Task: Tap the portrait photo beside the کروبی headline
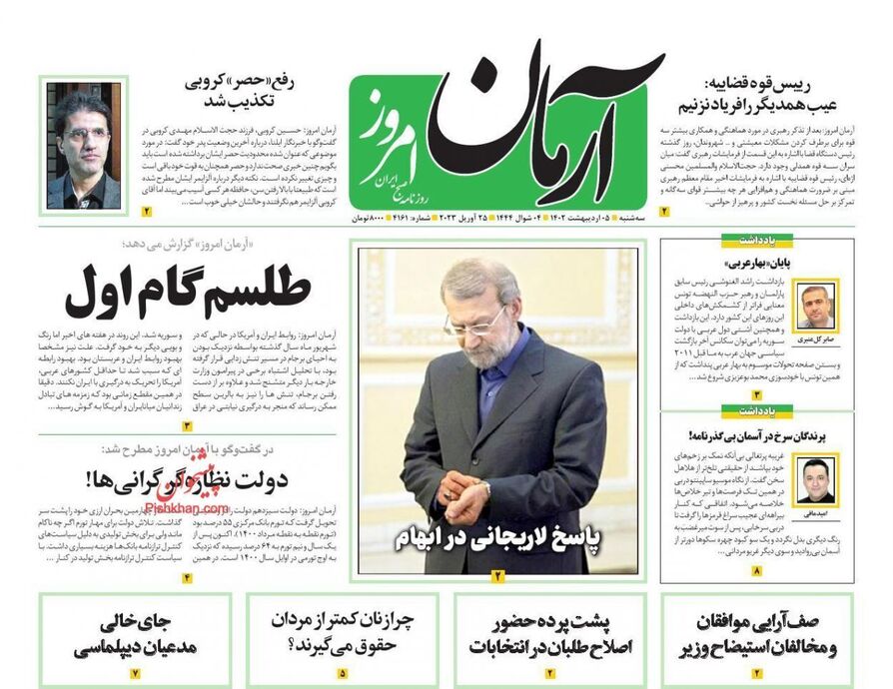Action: click(83, 148)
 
